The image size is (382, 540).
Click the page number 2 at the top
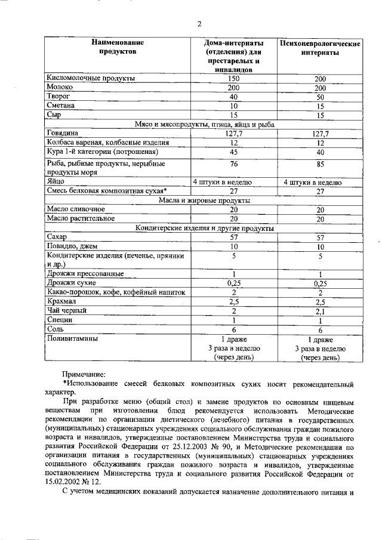pyautogui.click(x=200, y=24)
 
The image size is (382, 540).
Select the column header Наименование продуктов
pyautogui.click(x=118, y=47)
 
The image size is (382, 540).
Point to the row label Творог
pyautogui.click(x=58, y=96)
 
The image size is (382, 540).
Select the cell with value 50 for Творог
pyautogui.click(x=320, y=97)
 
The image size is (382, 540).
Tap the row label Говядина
pyautogui.click(x=62, y=134)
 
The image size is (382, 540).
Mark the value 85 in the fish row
pyautogui.click(x=320, y=163)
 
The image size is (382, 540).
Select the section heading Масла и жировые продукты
pyautogui.click(x=204, y=200)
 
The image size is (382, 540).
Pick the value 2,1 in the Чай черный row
pyautogui.click(x=320, y=311)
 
